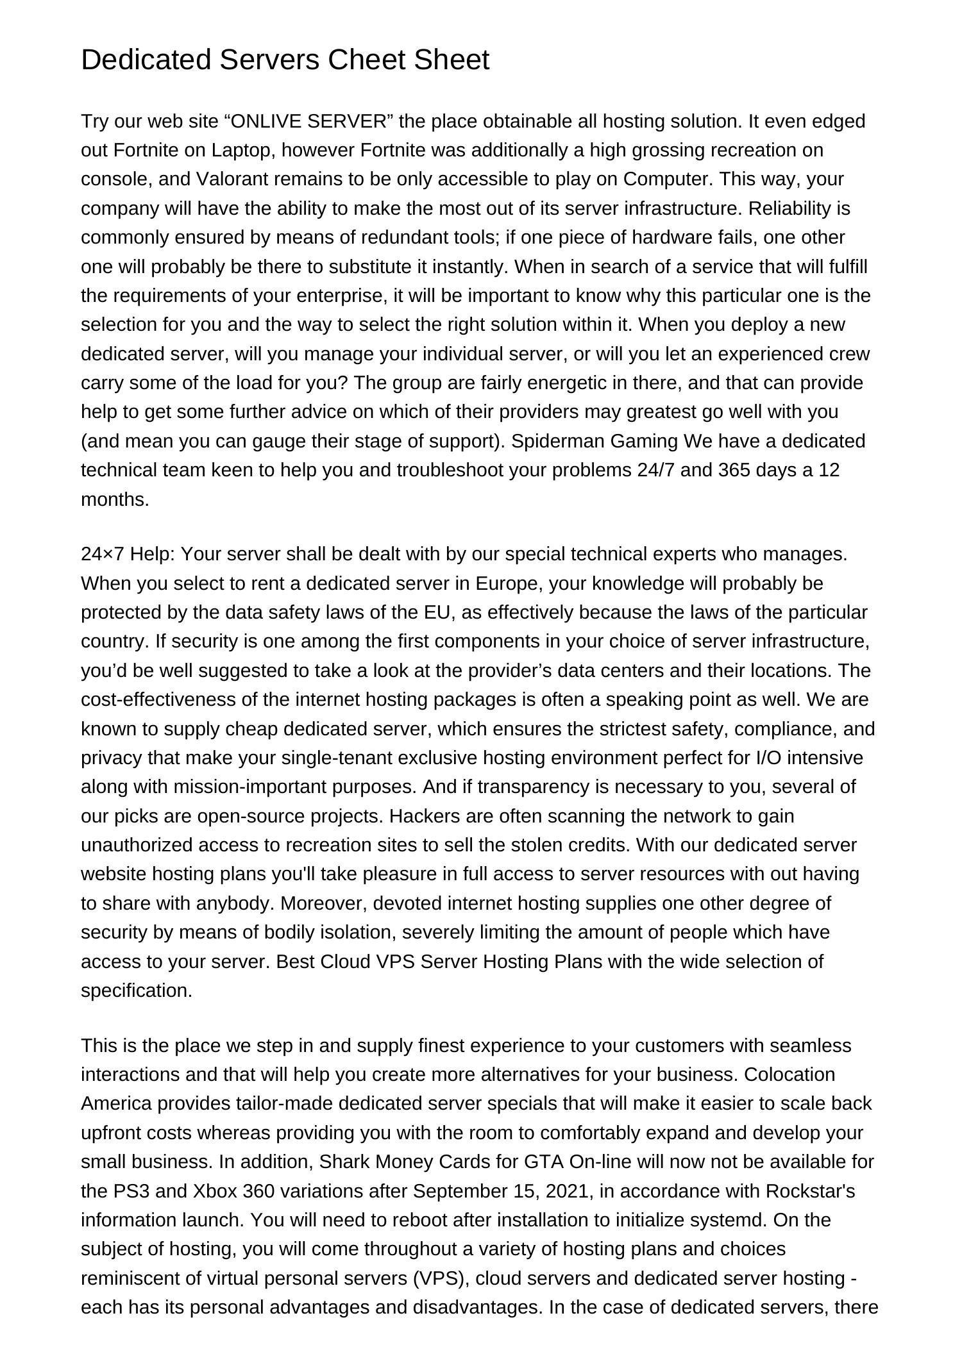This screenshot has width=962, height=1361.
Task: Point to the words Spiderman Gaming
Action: click(x=595, y=441)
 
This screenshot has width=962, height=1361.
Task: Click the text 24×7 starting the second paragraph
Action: click(x=103, y=554)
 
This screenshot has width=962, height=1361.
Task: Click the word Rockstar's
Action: click(x=811, y=1190)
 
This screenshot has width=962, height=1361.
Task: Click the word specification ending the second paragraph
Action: click(x=136, y=990)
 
